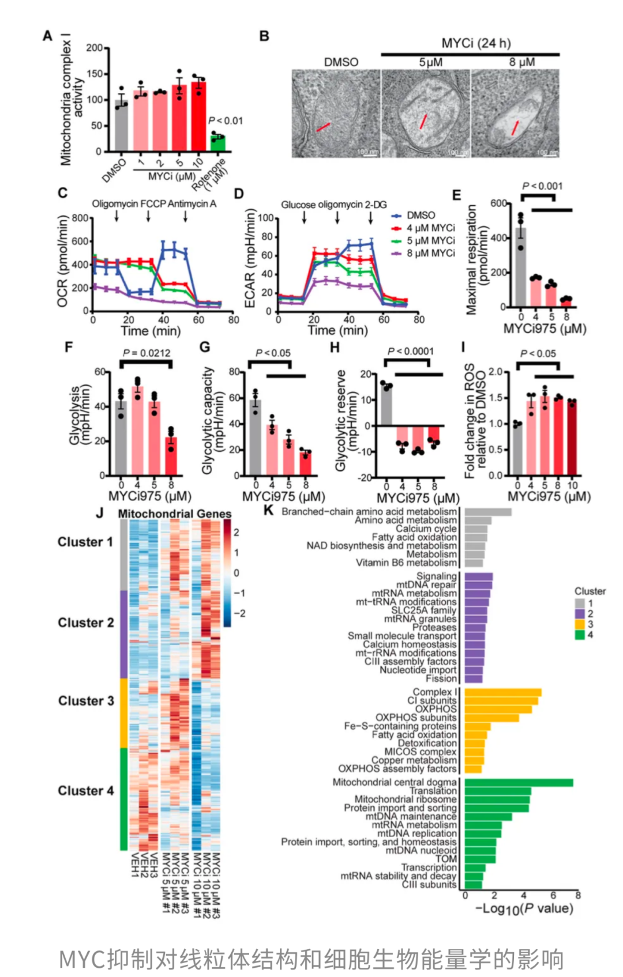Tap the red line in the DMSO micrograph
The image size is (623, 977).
point(323,127)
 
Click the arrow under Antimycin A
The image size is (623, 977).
point(186,216)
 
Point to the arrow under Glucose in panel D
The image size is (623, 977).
point(304,217)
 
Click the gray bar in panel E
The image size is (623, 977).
point(521,268)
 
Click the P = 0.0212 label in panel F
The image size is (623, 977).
point(147,353)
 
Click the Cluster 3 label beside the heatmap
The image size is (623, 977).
point(86,701)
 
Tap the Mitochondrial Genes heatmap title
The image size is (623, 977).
point(174,514)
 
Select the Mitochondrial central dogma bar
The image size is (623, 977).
point(518,783)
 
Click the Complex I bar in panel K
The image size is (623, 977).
point(502,692)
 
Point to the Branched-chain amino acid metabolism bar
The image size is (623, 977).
point(488,512)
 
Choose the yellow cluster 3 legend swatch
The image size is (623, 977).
point(580,624)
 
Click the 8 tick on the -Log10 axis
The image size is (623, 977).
point(577,895)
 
